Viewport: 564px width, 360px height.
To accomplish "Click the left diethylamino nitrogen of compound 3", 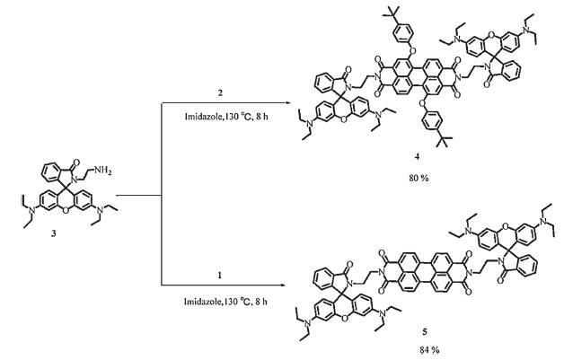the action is tap(24, 224).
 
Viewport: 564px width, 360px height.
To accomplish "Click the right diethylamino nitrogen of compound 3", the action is tap(97, 224).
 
